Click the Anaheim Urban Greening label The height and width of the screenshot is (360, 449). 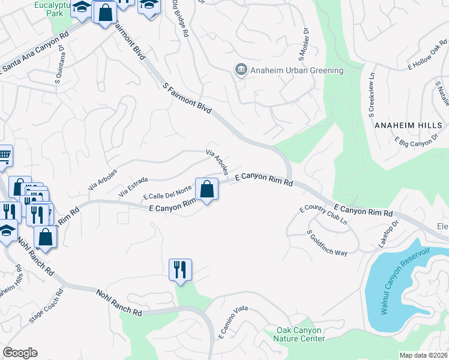click(297, 70)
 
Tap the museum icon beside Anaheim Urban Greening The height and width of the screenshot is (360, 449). click(241, 70)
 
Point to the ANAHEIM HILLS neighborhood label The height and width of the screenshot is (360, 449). click(408, 125)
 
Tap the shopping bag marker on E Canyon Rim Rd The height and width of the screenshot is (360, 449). click(206, 190)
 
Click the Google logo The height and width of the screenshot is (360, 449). click(20, 353)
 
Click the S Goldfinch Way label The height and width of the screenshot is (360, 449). click(327, 243)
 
